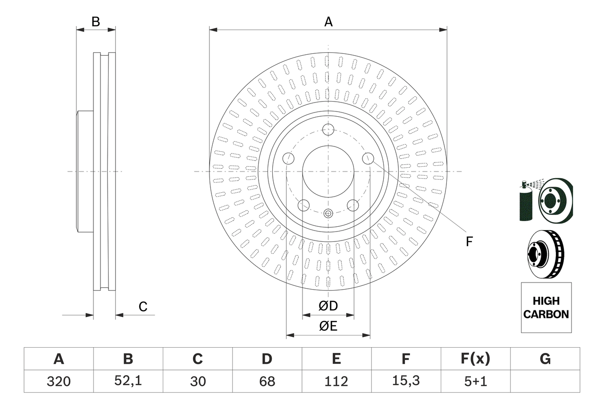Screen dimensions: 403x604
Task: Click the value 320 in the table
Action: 59,381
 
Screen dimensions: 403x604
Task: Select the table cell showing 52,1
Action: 128,381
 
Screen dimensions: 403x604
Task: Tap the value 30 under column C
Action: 197,381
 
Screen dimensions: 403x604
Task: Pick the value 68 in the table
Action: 267,381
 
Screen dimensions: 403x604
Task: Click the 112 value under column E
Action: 336,381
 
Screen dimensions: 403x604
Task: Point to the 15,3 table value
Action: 405,381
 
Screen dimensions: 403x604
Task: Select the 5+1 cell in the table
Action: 475,381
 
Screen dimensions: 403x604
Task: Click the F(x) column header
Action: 475,359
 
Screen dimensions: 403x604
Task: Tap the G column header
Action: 545,359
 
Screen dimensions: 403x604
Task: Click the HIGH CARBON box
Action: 546,308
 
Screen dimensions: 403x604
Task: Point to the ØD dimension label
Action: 328,306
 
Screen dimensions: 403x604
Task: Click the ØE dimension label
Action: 328,326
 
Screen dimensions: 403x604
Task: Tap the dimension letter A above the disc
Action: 328,22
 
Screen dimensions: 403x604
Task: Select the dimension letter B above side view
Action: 96,22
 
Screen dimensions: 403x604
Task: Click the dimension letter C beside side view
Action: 143,307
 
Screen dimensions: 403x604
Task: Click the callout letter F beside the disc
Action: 469,242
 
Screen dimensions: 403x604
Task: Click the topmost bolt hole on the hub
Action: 328,129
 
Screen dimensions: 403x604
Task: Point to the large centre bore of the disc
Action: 328,171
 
